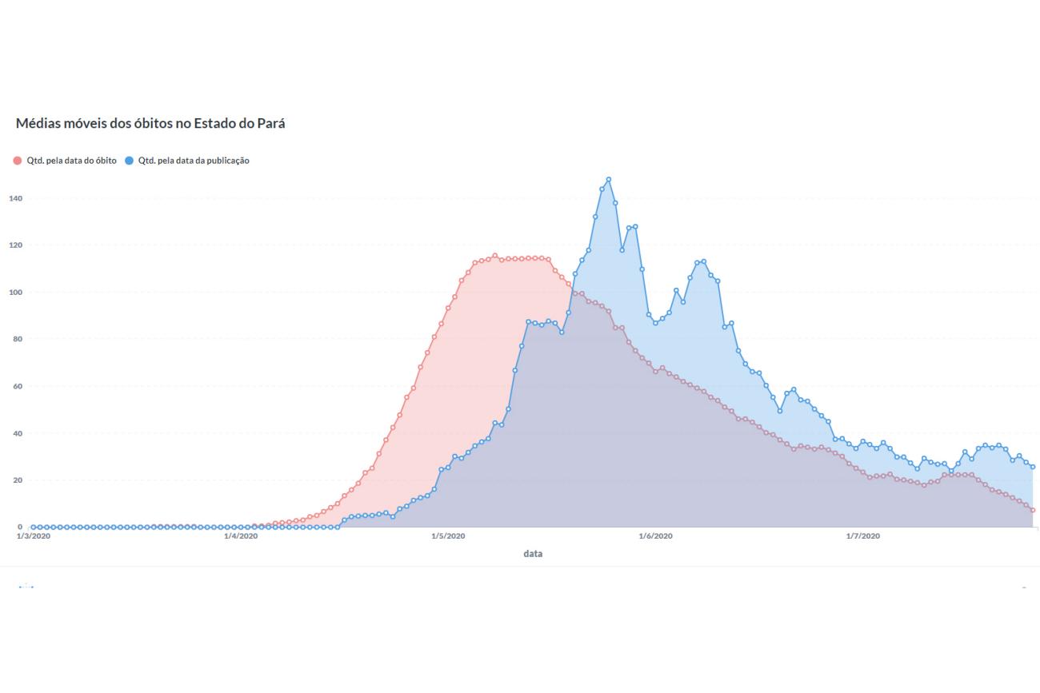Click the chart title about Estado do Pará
[150, 123]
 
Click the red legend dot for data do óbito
[18, 161]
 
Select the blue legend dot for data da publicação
[129, 161]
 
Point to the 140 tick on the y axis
[15, 198]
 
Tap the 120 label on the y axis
[15, 245]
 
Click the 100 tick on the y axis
[15, 293]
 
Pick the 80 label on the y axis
[17, 339]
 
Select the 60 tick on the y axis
[17, 386]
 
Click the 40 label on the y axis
[17, 434]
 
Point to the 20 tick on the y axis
[17, 480]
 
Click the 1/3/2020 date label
[34, 536]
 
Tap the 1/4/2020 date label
[241, 536]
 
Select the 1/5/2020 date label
[448, 536]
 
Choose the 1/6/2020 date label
[655, 536]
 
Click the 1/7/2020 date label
[863, 536]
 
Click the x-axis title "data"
[533, 554]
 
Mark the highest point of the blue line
[609, 180]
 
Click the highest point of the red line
[495, 256]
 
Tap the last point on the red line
[1033, 510]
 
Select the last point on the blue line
[1033, 467]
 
